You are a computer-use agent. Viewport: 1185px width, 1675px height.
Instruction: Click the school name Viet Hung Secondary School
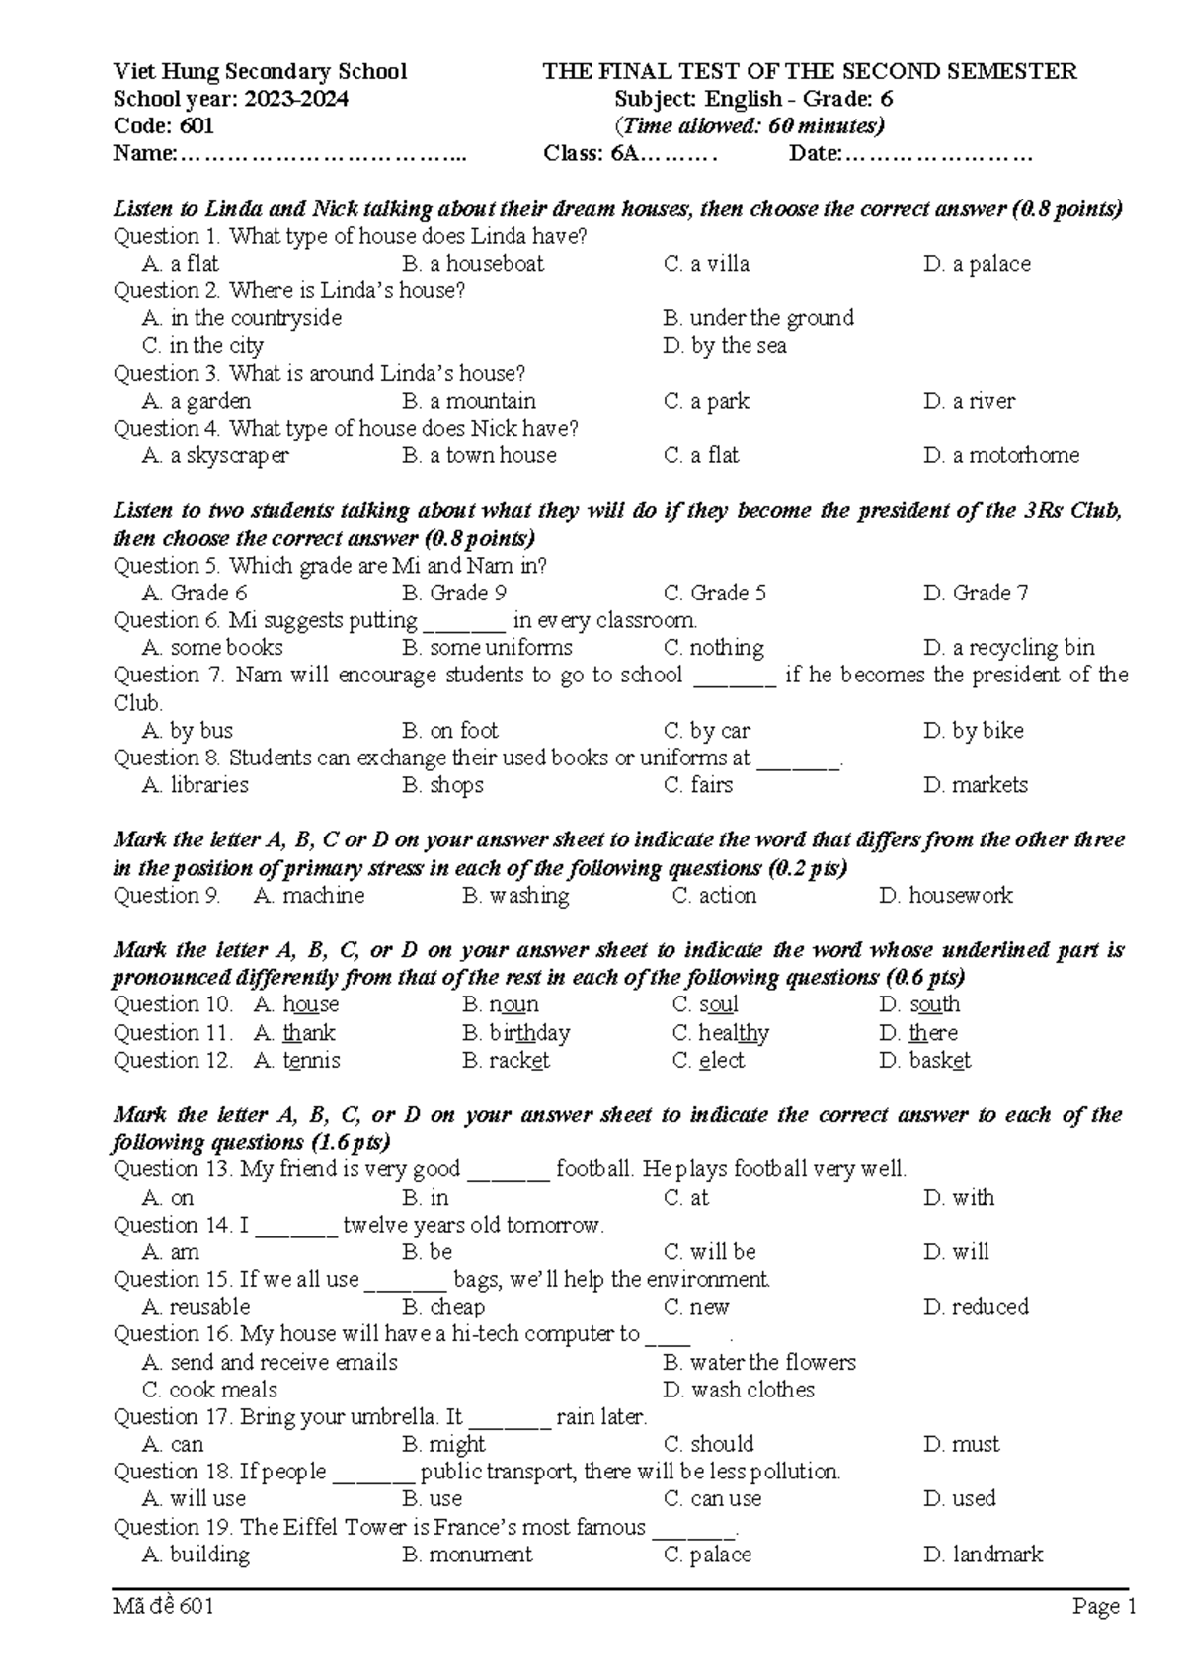[x=260, y=71]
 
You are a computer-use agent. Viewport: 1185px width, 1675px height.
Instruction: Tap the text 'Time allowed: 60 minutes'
[x=750, y=125]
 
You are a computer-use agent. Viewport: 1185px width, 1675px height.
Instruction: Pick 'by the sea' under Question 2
[x=739, y=346]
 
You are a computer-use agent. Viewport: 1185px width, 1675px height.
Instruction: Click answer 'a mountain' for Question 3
[x=482, y=401]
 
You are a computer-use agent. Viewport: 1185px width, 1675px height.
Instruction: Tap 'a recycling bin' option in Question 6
[x=1023, y=648]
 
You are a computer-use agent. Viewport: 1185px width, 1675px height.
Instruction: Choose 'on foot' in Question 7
[x=464, y=731]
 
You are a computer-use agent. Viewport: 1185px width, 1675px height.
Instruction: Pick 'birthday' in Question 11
[x=529, y=1033]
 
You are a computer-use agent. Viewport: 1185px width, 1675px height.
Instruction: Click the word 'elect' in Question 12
[x=721, y=1061]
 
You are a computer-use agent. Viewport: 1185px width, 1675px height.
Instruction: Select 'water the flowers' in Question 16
[x=772, y=1363]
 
